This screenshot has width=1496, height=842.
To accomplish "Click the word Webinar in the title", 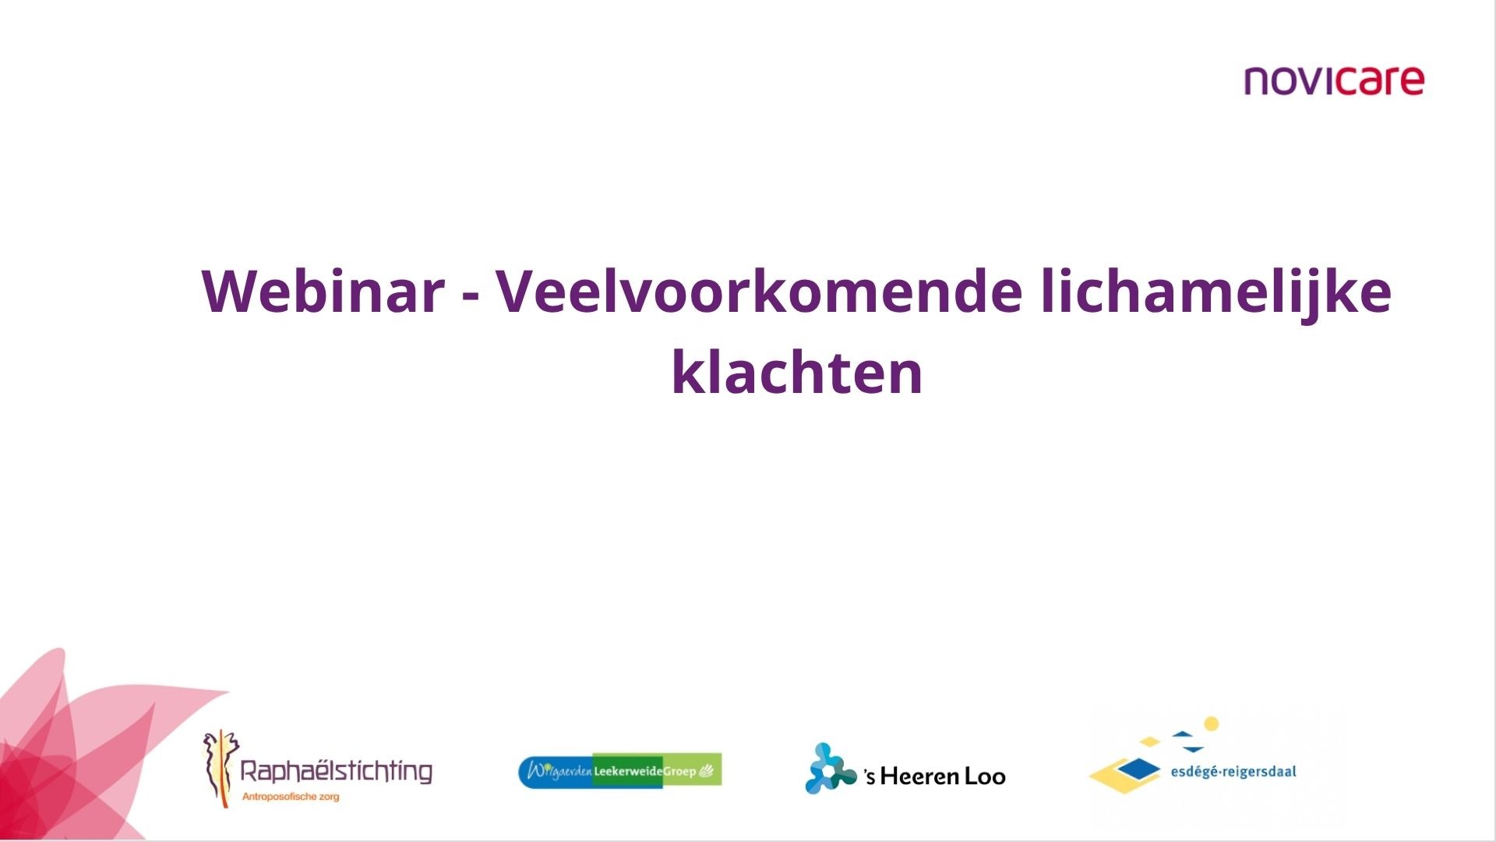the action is click(x=323, y=292).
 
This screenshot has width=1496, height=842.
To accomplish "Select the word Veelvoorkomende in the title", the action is click(x=760, y=291).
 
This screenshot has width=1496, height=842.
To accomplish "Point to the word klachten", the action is click(x=797, y=371).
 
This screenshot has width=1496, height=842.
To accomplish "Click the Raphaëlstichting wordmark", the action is click(x=336, y=771).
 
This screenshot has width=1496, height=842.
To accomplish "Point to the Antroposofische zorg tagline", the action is click(x=291, y=797).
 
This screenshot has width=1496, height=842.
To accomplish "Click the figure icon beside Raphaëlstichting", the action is click(x=220, y=768).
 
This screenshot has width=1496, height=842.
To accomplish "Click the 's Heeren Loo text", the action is click(x=934, y=776).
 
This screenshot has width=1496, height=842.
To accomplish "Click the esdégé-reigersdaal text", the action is click(x=1233, y=772).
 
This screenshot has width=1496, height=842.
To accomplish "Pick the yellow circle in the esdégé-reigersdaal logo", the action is click(x=1211, y=724).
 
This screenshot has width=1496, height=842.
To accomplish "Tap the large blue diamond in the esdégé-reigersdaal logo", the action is click(x=1138, y=770).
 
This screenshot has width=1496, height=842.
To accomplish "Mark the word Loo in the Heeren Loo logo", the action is click(x=985, y=776).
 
